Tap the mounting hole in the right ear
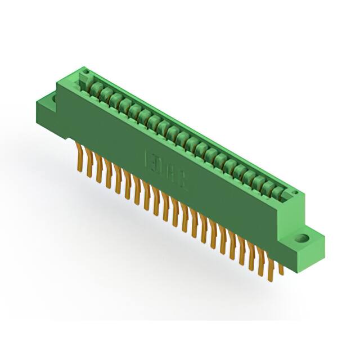(x=304, y=237)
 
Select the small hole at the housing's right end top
(x=293, y=193)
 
